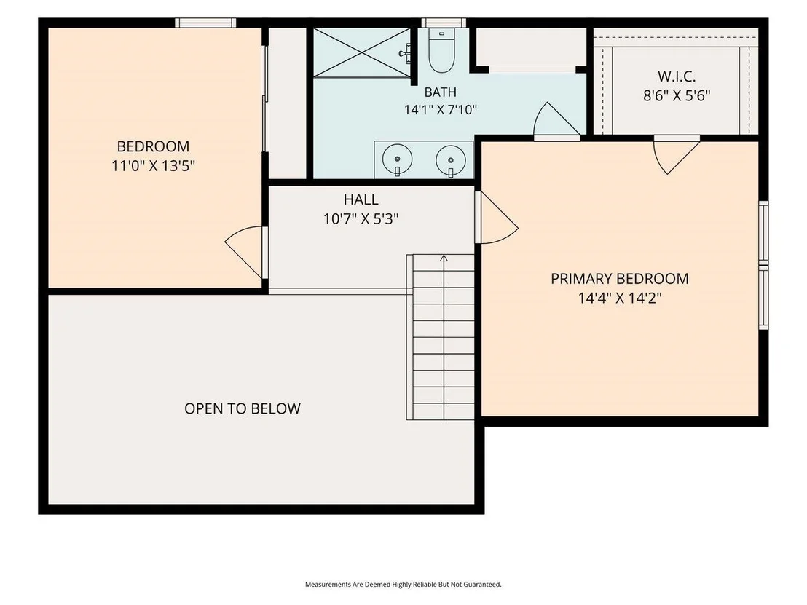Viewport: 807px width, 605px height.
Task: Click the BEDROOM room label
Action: click(153, 146)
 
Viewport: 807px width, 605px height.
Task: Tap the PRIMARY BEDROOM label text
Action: click(620, 279)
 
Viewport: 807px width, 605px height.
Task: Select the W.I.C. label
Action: click(677, 76)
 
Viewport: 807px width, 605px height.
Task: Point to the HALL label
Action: click(361, 199)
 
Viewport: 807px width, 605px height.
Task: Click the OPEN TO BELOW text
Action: click(243, 408)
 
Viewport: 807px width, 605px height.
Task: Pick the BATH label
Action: click(440, 92)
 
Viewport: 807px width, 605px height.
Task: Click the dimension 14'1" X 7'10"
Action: click(440, 110)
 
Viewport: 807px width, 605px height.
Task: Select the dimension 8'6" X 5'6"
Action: click(677, 95)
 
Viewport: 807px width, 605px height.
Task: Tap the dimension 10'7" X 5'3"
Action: click(361, 219)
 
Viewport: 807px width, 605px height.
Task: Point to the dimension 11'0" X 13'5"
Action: click(153, 166)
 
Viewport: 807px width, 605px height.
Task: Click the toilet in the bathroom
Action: click(441, 50)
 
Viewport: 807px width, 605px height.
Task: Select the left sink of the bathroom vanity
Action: click(398, 159)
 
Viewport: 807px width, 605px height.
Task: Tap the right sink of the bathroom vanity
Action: click(451, 159)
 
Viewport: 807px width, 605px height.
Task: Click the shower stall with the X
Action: click(362, 53)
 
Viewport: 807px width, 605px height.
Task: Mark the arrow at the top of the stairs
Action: click(444, 258)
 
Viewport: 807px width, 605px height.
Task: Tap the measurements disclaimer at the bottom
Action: click(403, 585)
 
